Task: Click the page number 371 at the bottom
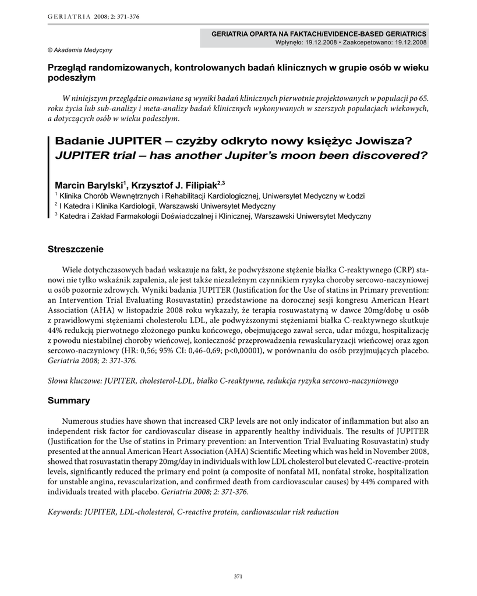[x=238, y=576]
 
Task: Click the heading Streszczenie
[x=76, y=250]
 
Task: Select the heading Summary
[x=69, y=400]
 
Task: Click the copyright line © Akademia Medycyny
[x=80, y=50]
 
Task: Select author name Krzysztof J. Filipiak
[x=173, y=185]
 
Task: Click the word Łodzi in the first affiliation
[x=355, y=196]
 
